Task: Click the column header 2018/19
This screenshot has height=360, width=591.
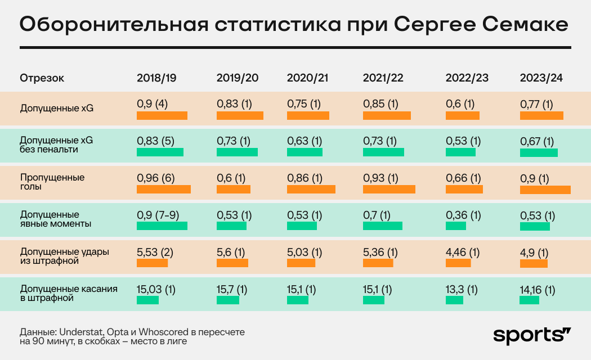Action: (156, 78)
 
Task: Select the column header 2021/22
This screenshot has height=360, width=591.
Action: (383, 78)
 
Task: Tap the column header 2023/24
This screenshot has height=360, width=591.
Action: (541, 78)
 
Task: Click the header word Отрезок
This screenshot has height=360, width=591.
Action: (42, 78)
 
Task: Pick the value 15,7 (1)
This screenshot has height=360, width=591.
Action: (232, 290)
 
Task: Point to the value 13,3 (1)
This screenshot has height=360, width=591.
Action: (461, 290)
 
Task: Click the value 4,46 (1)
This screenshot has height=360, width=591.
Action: (463, 252)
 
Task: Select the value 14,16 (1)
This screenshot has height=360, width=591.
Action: (538, 291)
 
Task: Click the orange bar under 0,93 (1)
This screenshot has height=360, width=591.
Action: (389, 190)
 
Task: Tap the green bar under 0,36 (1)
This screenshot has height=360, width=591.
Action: (456, 226)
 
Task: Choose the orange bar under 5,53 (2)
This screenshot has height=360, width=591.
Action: (152, 263)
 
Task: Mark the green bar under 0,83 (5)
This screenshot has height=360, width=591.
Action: (160, 152)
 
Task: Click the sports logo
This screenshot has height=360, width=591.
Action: (532, 335)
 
